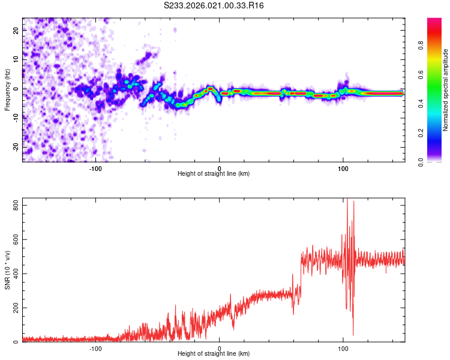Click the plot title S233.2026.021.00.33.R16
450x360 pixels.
coord(214,5)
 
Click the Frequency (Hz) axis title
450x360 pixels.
coord(7,89)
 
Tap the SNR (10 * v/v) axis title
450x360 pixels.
coord(7,271)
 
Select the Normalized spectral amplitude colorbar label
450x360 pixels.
coord(446,90)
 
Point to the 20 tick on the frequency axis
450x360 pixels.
coord(16,31)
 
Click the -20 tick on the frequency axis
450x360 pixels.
coord(15,147)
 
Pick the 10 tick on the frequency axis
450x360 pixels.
coord(16,60)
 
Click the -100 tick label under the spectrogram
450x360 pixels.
coord(95,169)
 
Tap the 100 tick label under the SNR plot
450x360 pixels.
coord(343,349)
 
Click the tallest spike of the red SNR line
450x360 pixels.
coord(347,200)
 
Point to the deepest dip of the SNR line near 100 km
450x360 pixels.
coord(353,334)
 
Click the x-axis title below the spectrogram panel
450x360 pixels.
coord(214,174)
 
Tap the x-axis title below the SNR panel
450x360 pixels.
coord(214,354)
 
